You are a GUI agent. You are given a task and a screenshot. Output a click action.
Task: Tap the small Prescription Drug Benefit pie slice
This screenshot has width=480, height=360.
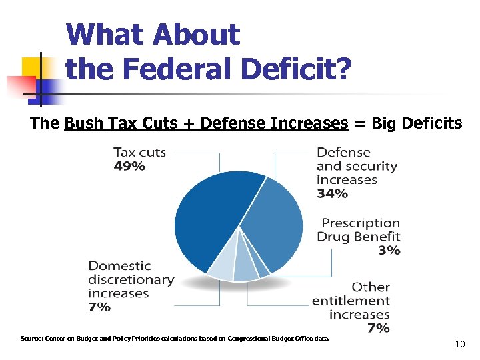262,271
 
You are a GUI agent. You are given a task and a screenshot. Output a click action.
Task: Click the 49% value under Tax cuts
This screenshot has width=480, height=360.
129,167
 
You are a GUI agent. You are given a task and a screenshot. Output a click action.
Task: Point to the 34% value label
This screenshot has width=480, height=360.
332,193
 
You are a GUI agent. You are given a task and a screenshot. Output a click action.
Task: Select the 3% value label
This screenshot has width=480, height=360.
389,251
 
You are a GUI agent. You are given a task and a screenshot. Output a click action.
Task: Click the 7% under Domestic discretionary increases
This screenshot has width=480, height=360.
99,307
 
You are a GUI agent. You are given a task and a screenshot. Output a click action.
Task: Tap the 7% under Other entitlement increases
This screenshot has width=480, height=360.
378,328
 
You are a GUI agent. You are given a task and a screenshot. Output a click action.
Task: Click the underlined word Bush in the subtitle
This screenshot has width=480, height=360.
84,123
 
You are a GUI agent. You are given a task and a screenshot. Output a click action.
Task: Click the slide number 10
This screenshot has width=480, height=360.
459,345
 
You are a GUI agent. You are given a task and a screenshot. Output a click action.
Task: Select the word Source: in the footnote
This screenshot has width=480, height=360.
31,339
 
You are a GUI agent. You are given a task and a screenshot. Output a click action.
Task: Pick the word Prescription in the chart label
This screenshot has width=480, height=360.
361,223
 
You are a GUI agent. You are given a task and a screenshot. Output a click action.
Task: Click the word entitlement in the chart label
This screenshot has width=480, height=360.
350,301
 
